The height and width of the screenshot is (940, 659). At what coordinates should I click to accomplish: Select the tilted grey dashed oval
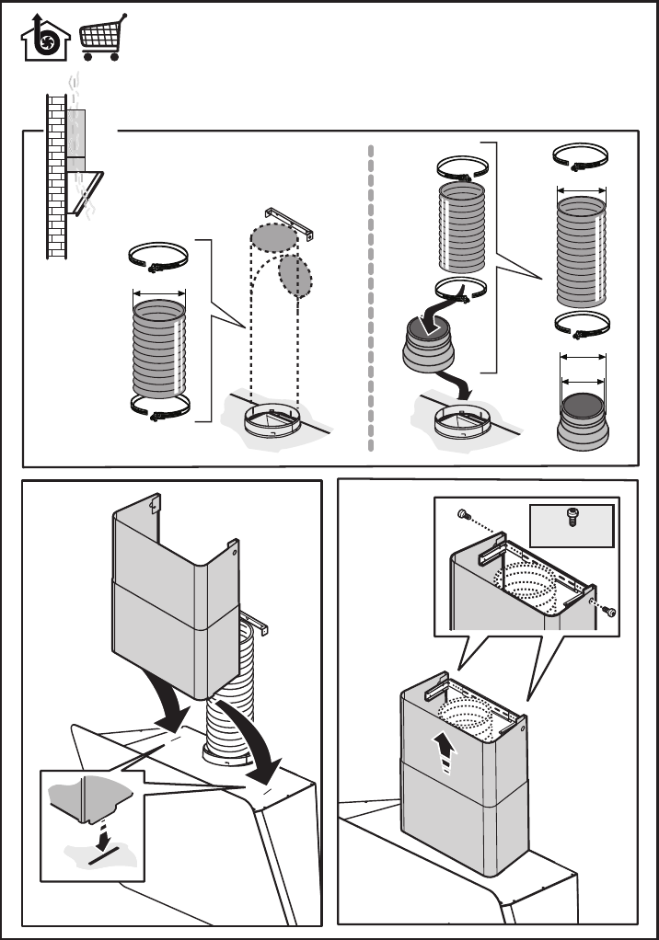pos(295,275)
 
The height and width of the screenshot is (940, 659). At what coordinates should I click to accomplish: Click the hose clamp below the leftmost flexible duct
pos(160,407)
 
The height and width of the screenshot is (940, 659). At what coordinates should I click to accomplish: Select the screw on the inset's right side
pos(609,611)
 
